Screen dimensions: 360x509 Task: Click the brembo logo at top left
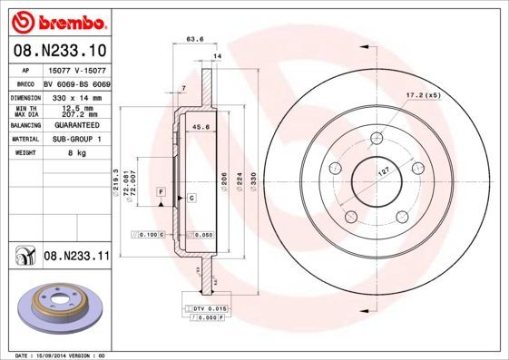click(x=58, y=20)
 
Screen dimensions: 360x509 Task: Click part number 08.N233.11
click(x=76, y=258)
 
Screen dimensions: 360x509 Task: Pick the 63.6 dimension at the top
click(x=193, y=39)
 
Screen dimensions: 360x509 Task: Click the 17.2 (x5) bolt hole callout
click(x=422, y=95)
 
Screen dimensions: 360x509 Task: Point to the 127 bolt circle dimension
click(x=384, y=170)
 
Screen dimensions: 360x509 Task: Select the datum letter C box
click(x=192, y=197)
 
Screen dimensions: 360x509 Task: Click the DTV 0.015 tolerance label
click(x=204, y=310)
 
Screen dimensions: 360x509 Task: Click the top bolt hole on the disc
click(x=376, y=138)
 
